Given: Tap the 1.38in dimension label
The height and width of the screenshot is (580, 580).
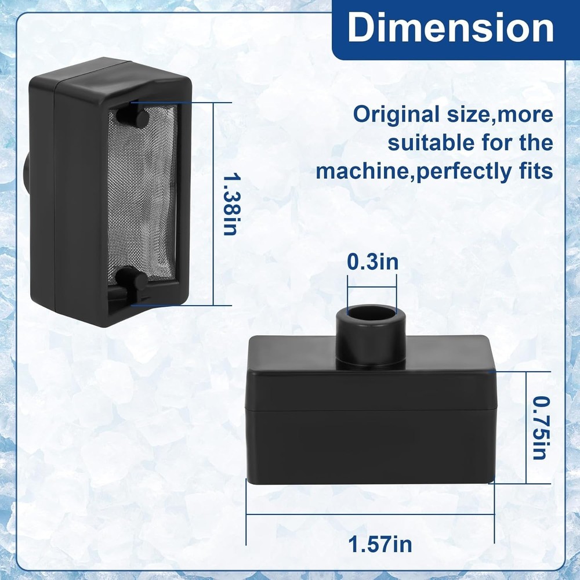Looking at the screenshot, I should point(231,202).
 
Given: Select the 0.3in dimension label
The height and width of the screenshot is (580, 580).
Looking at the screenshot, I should point(372,262).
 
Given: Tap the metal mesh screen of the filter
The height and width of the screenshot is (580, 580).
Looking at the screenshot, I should point(142,197).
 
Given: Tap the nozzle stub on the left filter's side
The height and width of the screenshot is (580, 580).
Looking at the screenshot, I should point(27,173).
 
